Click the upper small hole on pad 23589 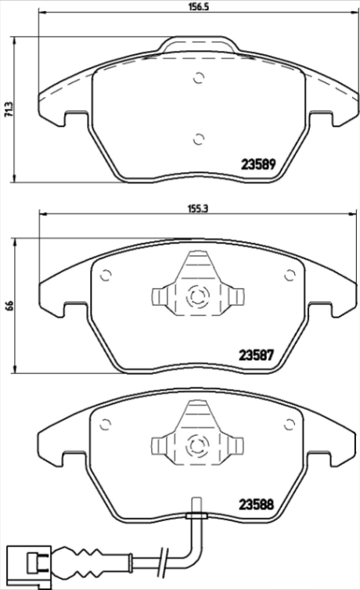(198, 77)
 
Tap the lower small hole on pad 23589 (198, 139)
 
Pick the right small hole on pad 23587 (289, 274)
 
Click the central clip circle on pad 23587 (197, 297)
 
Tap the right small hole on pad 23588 (289, 423)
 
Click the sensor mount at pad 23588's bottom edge (196, 516)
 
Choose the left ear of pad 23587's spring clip (157, 297)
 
